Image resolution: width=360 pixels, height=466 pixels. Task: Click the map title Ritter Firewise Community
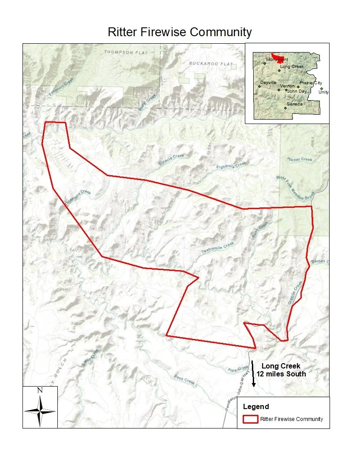click(180, 32)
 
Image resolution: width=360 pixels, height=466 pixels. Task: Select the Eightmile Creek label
click(232, 166)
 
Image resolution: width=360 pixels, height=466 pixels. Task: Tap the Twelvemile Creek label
click(218, 248)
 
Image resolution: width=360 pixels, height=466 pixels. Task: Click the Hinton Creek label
click(300, 159)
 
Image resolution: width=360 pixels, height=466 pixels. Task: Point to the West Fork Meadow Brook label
click(295, 187)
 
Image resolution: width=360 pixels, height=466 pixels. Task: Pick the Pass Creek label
click(184, 380)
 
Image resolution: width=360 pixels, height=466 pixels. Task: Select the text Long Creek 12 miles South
click(281, 370)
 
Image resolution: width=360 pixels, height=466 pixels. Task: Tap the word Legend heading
click(256, 406)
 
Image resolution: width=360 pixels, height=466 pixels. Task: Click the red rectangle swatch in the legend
click(250, 419)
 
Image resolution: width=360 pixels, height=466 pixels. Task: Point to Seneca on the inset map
click(294, 104)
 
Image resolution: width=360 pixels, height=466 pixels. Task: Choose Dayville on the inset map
click(268, 83)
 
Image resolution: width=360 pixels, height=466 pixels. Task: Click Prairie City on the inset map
click(311, 83)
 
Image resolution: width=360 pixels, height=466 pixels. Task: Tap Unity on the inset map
click(323, 92)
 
